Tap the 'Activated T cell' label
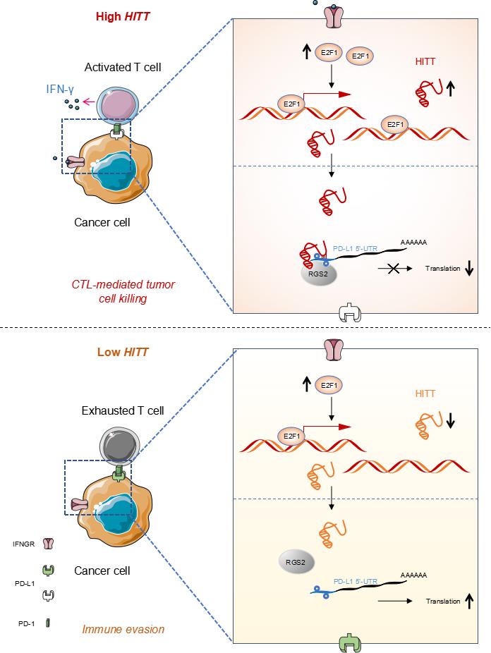122,68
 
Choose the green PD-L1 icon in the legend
48,568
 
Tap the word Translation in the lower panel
444,602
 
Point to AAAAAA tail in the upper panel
414,242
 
